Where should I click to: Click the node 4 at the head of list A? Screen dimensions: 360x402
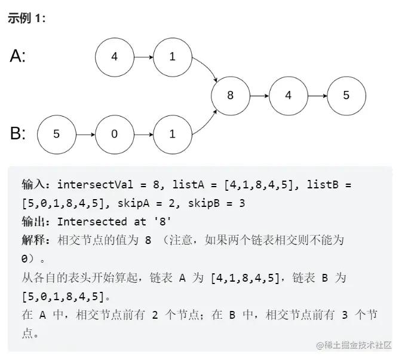click(x=115, y=57)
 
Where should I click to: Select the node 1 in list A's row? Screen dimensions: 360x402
click(x=173, y=57)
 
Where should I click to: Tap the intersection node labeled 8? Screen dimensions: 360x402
click(x=231, y=95)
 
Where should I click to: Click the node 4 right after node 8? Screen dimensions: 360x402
click(x=289, y=95)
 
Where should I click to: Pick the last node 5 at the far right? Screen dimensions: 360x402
click(x=346, y=95)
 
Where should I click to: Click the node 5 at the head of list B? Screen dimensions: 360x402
click(x=57, y=134)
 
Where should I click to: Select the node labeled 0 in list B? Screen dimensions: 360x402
click(x=115, y=134)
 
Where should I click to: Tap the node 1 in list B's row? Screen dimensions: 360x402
click(x=173, y=134)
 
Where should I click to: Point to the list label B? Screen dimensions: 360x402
click(x=18, y=133)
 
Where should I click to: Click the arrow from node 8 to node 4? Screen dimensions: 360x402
click(x=259, y=95)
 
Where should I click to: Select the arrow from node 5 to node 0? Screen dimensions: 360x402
click(x=85, y=134)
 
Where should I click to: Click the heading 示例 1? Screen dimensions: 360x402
click(x=27, y=19)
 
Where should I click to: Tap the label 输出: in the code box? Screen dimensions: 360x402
click(x=36, y=222)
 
